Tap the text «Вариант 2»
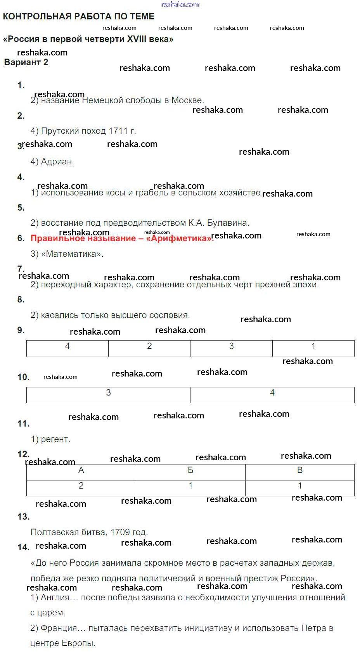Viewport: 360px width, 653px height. (x=26, y=62)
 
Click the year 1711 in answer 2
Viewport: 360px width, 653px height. (x=118, y=131)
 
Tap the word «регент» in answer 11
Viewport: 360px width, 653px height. (x=55, y=440)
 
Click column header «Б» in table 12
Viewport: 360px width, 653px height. (x=190, y=471)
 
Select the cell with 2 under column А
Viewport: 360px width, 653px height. (x=81, y=486)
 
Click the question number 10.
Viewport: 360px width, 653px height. (x=23, y=377)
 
